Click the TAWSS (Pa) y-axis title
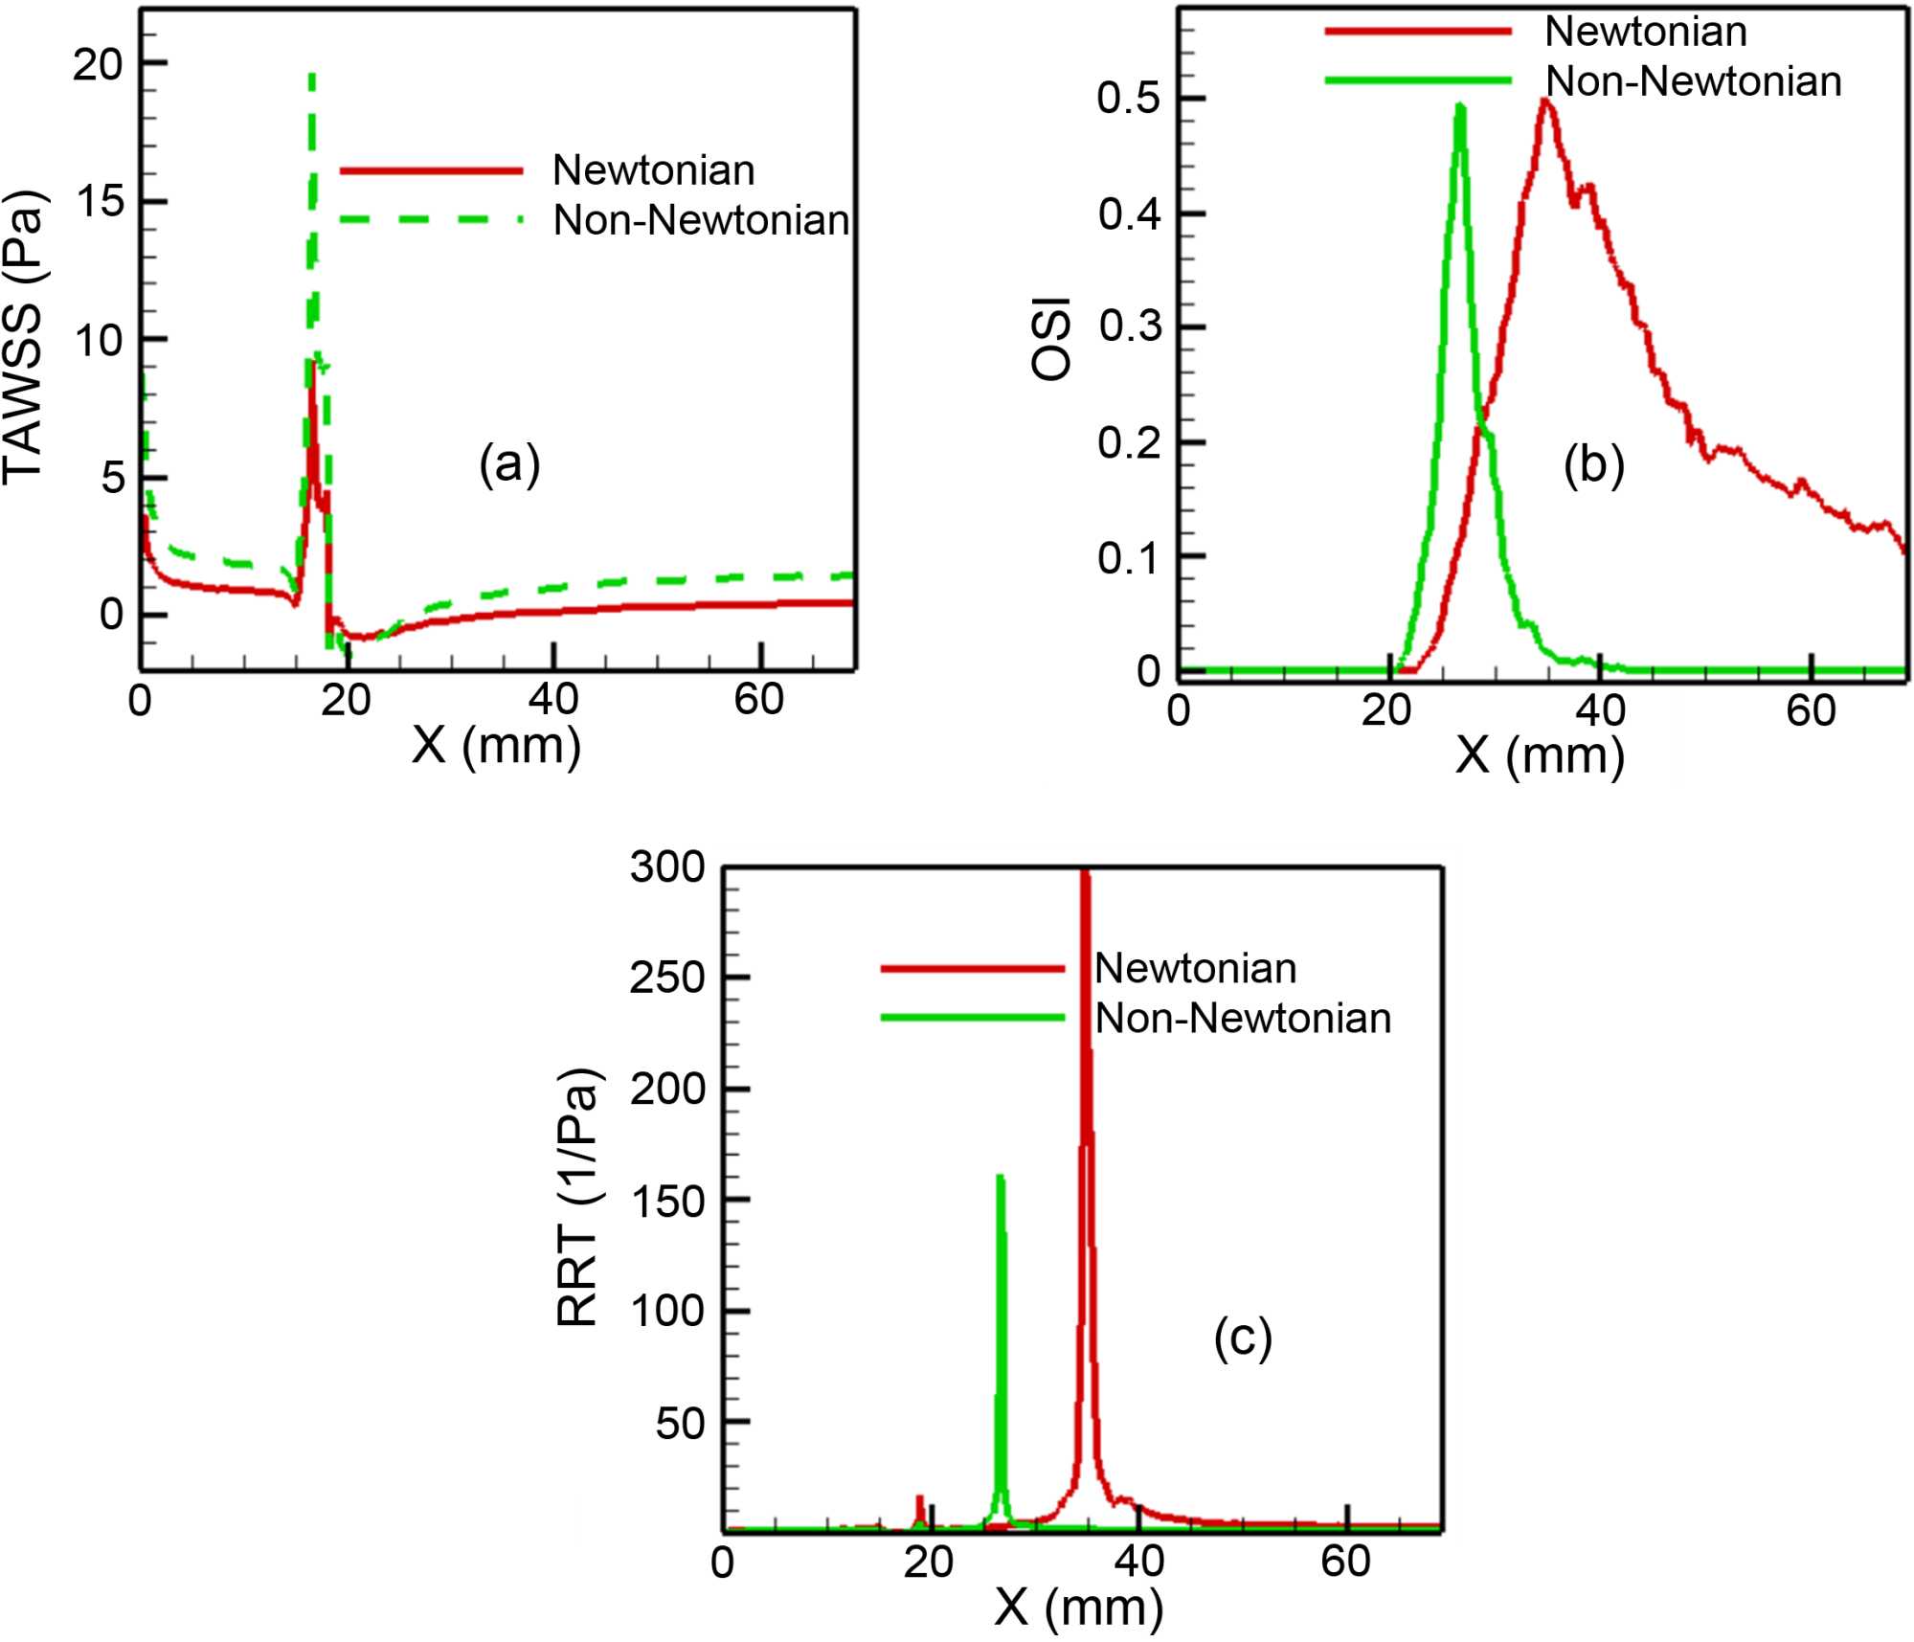(x=23, y=338)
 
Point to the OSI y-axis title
(x=1051, y=339)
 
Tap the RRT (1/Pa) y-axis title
(x=578, y=1197)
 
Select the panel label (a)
(x=509, y=465)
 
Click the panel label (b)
(x=1593, y=465)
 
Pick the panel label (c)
(x=1243, y=1337)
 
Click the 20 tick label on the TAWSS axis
(x=99, y=65)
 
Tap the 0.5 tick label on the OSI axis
(x=1129, y=99)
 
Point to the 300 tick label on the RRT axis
(x=667, y=867)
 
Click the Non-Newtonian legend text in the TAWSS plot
(x=701, y=220)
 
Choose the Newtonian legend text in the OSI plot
(x=1645, y=32)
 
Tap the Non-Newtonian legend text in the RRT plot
(x=1242, y=1018)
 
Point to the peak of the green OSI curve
(x=1459, y=105)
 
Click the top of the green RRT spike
(x=1001, y=1177)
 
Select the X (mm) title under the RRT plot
(x=1078, y=1607)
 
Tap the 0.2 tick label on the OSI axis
(x=1129, y=443)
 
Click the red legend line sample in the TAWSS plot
(x=431, y=171)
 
